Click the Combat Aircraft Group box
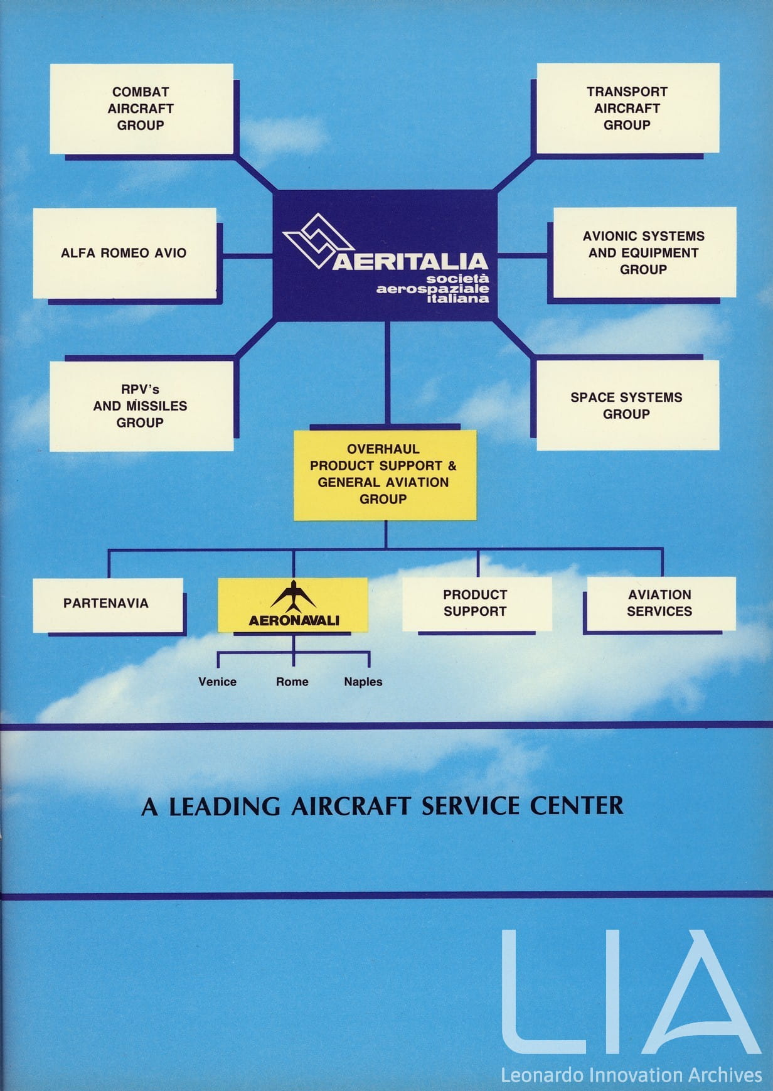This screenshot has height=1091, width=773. tap(141, 109)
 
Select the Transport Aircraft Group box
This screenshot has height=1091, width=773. tap(627, 109)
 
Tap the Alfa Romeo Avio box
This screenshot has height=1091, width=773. tap(124, 253)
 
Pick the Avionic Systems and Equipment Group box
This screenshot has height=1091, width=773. tap(644, 252)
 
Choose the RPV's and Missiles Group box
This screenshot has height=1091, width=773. tap(141, 406)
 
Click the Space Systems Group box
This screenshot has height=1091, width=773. tap(627, 406)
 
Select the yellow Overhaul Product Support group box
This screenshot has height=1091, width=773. tap(384, 475)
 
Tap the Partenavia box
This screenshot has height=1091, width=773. tap(107, 604)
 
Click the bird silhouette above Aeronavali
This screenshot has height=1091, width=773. tap(294, 596)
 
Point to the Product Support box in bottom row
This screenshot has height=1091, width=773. tap(476, 603)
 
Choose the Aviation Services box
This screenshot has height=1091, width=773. tap(660, 603)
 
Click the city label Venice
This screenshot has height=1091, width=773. tap(217, 682)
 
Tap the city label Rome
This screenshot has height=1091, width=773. tap(292, 682)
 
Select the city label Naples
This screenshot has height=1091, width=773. tap(363, 682)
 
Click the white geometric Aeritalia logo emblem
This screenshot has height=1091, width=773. tap(317, 242)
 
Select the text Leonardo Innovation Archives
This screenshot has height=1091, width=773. tap(631, 1075)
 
